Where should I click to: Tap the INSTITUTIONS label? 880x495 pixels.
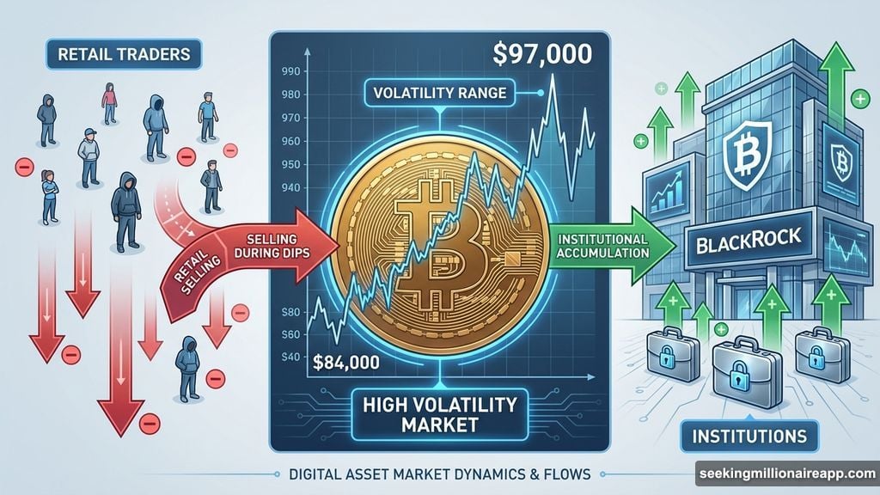[x=750, y=436]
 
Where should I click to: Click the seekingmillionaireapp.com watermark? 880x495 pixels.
[x=785, y=474]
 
